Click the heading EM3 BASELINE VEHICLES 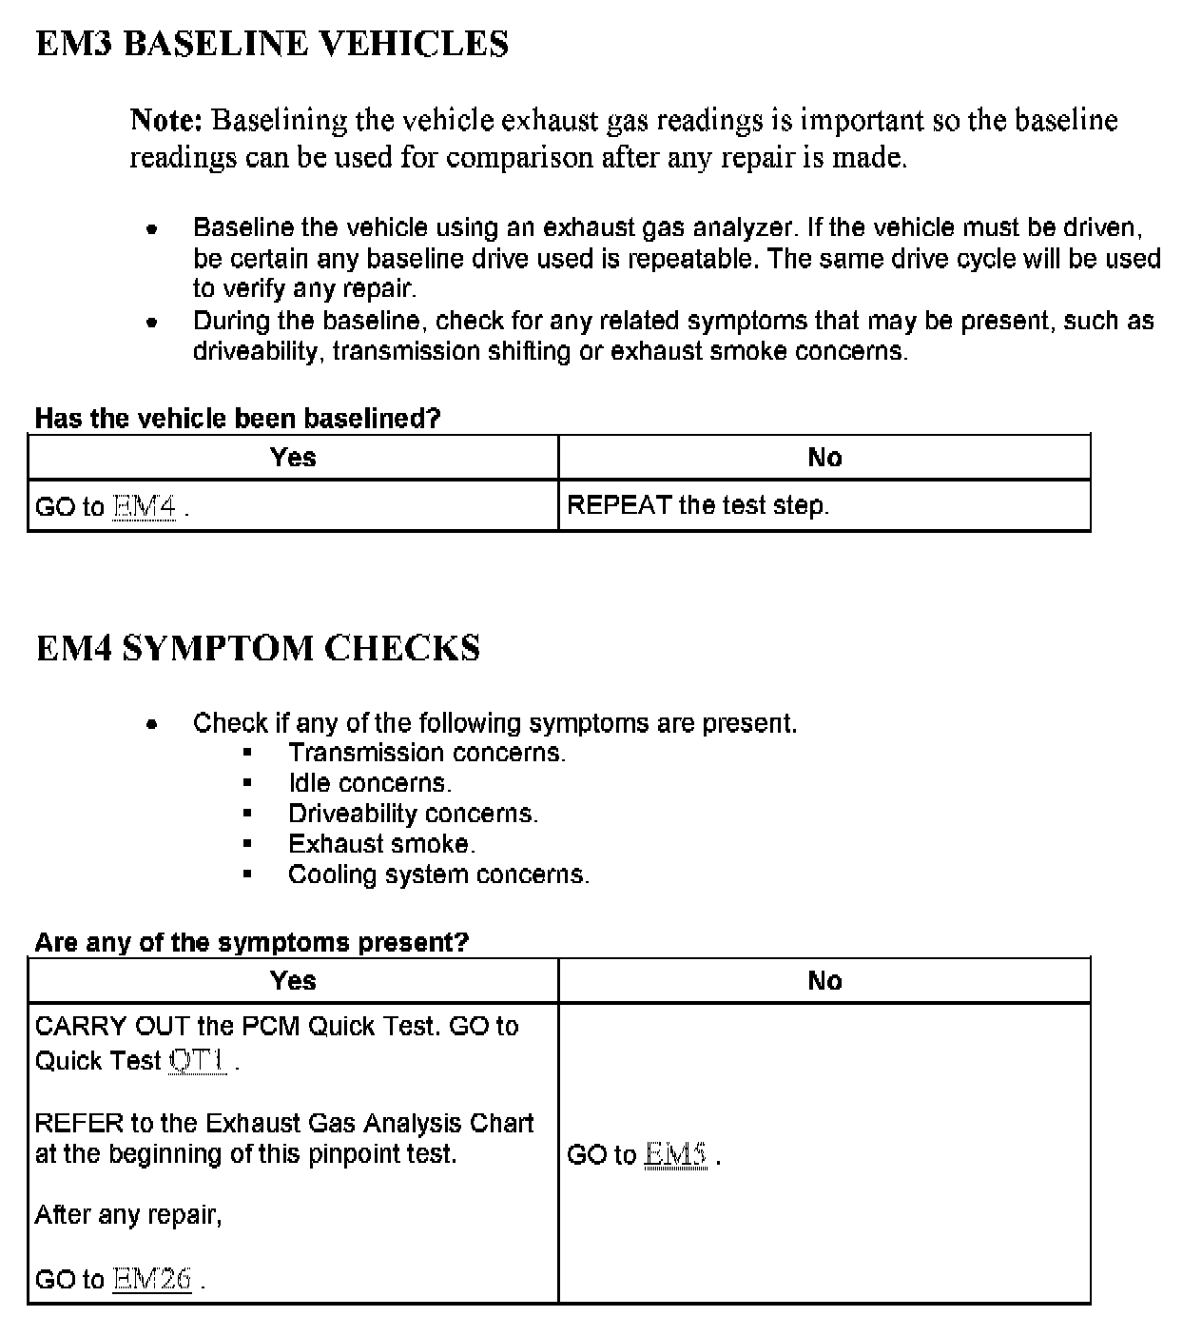[272, 44]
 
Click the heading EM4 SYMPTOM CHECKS [258, 648]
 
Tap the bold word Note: [166, 121]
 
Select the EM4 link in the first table [145, 506]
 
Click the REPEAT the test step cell [698, 505]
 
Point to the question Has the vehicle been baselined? [238, 419]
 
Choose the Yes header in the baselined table [293, 458]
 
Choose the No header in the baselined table [824, 458]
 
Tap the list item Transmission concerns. [427, 753]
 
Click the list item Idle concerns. [370, 783]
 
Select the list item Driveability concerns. [413, 814]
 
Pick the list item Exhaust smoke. [381, 844]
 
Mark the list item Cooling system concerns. [438, 874]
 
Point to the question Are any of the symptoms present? [252, 943]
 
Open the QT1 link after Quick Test [198, 1060]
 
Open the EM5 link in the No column [675, 1154]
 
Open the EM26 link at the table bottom [152, 1279]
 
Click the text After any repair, [128, 1215]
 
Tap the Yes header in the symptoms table [293, 981]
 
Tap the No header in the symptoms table [824, 981]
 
